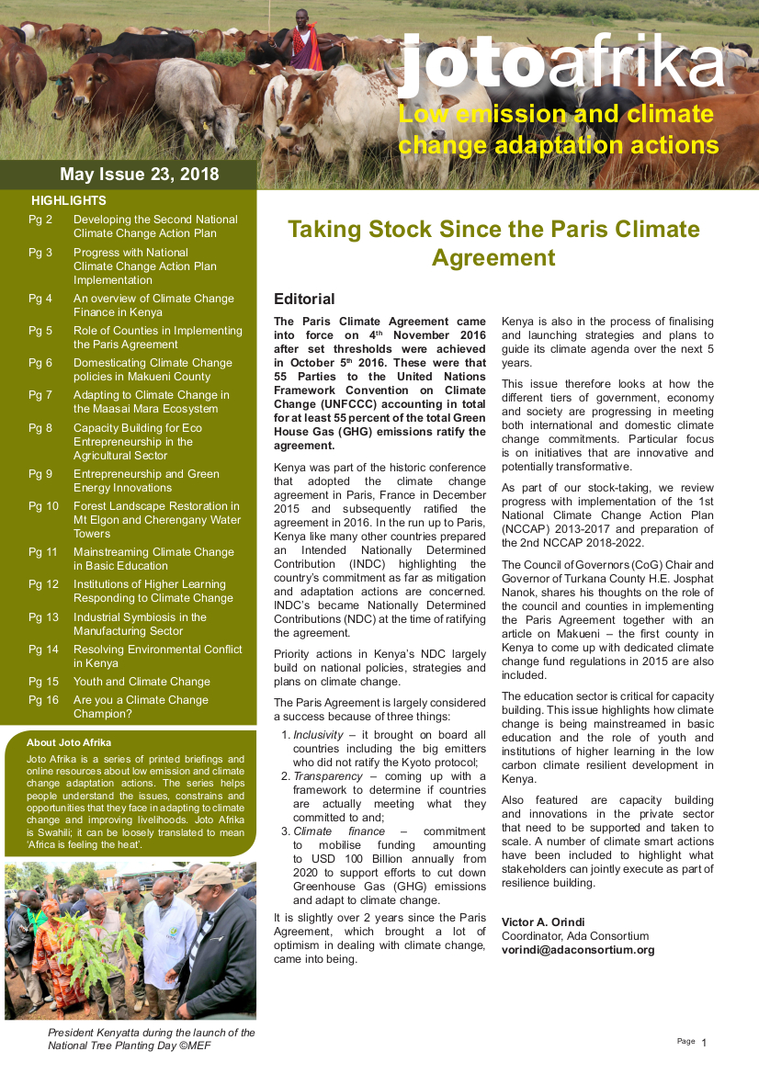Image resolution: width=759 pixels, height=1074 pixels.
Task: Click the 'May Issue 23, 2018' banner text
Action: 139,175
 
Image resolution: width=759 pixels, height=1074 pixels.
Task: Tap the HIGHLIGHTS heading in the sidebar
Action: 68,200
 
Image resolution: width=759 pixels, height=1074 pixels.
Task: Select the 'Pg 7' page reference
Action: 40,395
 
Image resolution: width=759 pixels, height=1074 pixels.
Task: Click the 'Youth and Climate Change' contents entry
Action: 142,682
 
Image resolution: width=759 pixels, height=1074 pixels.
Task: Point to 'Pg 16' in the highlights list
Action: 43,700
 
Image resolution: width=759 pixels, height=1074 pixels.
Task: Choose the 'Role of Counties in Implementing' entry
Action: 158,331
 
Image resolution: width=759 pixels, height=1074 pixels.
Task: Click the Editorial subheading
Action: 304,299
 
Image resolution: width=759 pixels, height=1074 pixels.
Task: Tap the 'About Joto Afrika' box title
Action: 69,742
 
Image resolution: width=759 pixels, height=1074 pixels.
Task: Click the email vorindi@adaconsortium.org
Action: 578,950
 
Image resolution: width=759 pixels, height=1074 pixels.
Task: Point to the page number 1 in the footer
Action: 704,1043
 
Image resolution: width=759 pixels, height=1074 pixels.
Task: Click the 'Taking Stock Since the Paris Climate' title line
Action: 493,229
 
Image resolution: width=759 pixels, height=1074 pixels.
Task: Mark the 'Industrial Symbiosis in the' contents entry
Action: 140,617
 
